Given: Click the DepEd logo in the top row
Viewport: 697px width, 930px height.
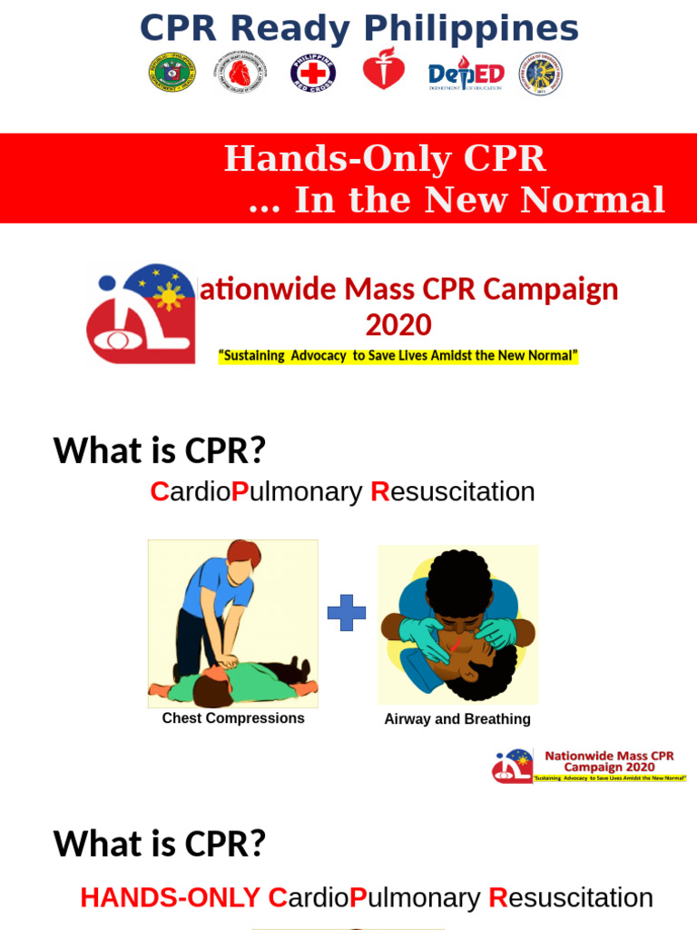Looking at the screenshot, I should (x=466, y=74).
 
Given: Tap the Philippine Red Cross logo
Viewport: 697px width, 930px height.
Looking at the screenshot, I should (x=313, y=74).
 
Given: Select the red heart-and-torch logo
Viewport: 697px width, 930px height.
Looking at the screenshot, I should (x=384, y=69).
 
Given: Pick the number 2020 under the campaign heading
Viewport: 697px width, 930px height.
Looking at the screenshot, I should (x=398, y=324).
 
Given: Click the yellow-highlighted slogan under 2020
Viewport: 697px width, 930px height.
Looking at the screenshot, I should (x=398, y=355).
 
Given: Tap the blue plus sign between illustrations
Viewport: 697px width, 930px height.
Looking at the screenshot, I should (x=347, y=613).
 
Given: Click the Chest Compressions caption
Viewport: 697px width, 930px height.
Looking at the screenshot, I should (x=233, y=718).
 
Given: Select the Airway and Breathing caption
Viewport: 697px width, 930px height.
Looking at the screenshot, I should (x=457, y=719).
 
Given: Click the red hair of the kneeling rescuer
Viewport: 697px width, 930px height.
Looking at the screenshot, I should (x=243, y=551).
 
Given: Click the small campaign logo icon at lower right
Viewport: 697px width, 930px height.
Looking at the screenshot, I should (x=513, y=767).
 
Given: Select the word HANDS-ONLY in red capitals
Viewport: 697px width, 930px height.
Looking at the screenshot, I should (x=170, y=898).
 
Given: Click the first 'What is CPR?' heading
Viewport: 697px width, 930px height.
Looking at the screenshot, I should (x=160, y=450).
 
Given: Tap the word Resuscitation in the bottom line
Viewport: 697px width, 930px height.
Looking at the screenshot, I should (x=571, y=898).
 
